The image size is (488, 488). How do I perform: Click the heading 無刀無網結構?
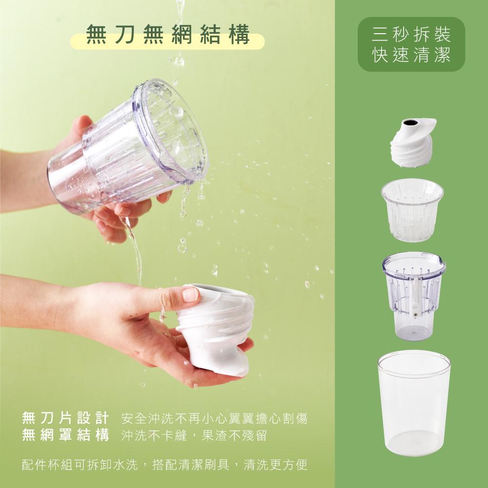click(x=168, y=34)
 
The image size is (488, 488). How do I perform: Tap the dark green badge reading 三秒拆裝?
click(x=411, y=44)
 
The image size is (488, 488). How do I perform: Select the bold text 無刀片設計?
click(x=66, y=418)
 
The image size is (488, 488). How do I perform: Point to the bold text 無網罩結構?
click(x=66, y=435)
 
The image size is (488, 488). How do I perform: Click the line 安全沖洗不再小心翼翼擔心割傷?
click(x=214, y=418)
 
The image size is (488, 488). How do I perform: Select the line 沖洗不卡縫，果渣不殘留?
click(x=194, y=435)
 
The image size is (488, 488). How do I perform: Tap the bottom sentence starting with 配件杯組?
click(x=165, y=465)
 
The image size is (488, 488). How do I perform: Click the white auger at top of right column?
click(x=413, y=142)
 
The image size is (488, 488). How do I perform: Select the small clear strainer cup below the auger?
click(x=412, y=210)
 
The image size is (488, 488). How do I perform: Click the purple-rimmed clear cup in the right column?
click(x=414, y=296)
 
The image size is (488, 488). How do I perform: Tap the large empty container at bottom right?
click(x=414, y=403)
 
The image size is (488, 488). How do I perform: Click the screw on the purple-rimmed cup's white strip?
click(x=415, y=317)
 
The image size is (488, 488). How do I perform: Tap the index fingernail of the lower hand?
click(x=190, y=294)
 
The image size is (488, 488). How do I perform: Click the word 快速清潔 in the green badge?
click(x=411, y=55)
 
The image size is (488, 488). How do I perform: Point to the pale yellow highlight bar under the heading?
click(x=167, y=41)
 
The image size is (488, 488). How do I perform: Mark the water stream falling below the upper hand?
click(x=135, y=249)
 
